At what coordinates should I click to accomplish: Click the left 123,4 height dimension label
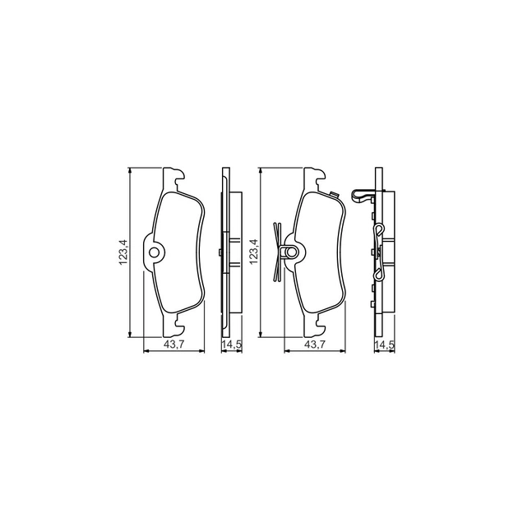(123, 252)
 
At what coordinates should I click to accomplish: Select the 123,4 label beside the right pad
(254, 252)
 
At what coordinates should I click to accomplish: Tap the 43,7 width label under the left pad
(173, 345)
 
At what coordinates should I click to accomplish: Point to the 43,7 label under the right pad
(315, 345)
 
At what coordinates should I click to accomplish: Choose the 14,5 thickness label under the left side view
(232, 345)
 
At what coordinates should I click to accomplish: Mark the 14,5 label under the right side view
(385, 345)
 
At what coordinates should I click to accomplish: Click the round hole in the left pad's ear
(155, 252)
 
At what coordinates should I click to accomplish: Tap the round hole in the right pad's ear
(291, 252)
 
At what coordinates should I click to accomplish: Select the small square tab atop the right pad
(334, 195)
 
